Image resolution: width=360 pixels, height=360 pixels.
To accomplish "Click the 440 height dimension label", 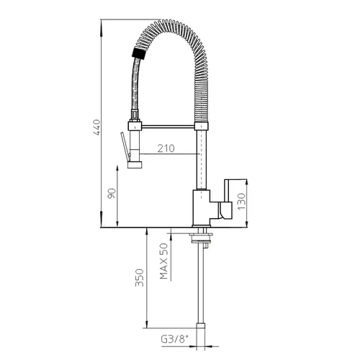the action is (97, 127).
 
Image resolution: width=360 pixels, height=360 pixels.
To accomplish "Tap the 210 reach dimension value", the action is (166, 148).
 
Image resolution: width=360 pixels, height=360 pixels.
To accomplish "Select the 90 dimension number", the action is (112, 194).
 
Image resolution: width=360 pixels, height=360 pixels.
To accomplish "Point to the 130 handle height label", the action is (242, 202).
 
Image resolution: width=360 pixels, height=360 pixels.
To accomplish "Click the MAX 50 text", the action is (163, 261).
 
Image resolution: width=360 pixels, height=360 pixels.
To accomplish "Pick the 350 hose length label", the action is (139, 278).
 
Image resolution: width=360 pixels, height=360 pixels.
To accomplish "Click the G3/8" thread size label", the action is (174, 340).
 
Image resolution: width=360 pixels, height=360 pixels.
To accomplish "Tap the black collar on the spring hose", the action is (139, 53).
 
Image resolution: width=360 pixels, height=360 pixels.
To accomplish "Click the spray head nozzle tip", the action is (135, 165).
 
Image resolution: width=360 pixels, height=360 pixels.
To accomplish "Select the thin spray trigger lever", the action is (125, 146).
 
